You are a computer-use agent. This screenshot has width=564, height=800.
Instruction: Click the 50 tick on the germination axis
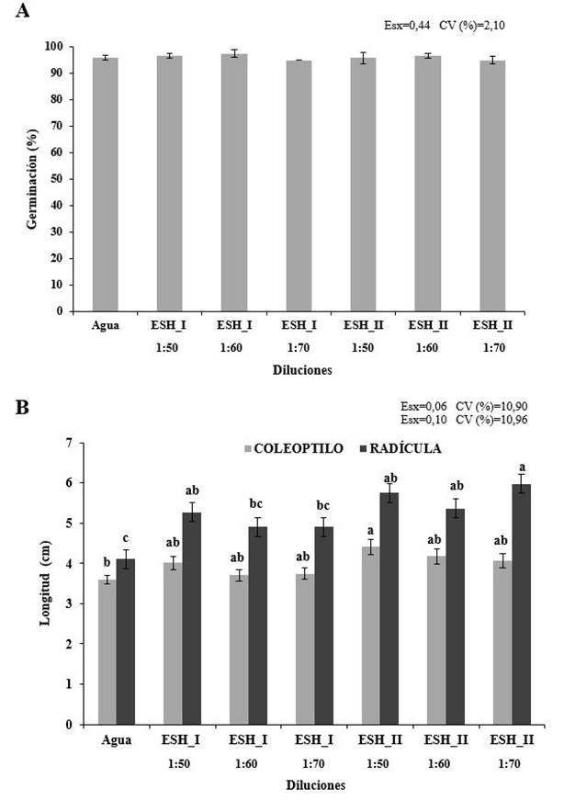[x=56, y=179]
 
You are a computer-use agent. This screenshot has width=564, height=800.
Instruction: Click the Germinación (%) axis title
[x=30, y=179]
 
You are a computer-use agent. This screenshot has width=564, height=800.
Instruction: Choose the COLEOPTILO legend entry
[x=294, y=448]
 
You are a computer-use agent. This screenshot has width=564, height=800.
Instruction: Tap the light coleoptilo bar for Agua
[x=107, y=651]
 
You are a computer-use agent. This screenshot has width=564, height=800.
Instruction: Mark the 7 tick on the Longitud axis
[x=68, y=443]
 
